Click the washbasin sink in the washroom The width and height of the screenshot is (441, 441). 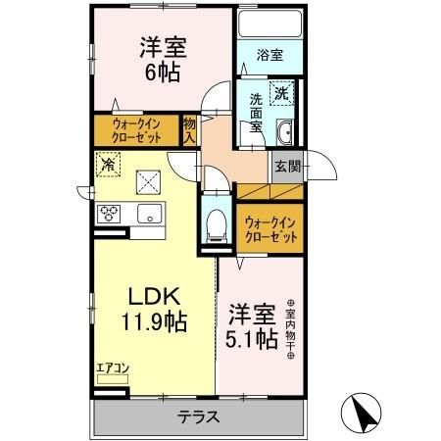point(285,133)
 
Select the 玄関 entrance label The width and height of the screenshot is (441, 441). point(286,166)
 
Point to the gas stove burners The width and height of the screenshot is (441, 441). point(107,214)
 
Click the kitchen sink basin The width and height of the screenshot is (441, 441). point(149,214)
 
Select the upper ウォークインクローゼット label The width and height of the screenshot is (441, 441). point(136,129)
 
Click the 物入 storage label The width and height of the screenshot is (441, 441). point(189,128)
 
